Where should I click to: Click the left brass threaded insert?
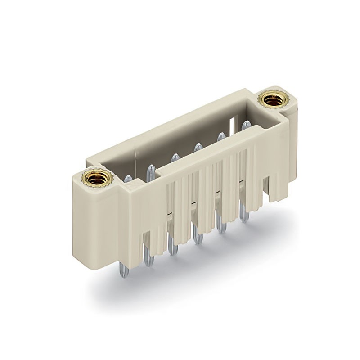(94, 179)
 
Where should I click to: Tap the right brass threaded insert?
(272, 99)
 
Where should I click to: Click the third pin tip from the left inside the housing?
(175, 158)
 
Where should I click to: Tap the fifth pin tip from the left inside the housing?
(221, 136)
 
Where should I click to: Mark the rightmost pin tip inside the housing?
(245, 125)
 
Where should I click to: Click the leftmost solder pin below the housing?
(124, 270)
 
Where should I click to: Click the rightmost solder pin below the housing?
(244, 214)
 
